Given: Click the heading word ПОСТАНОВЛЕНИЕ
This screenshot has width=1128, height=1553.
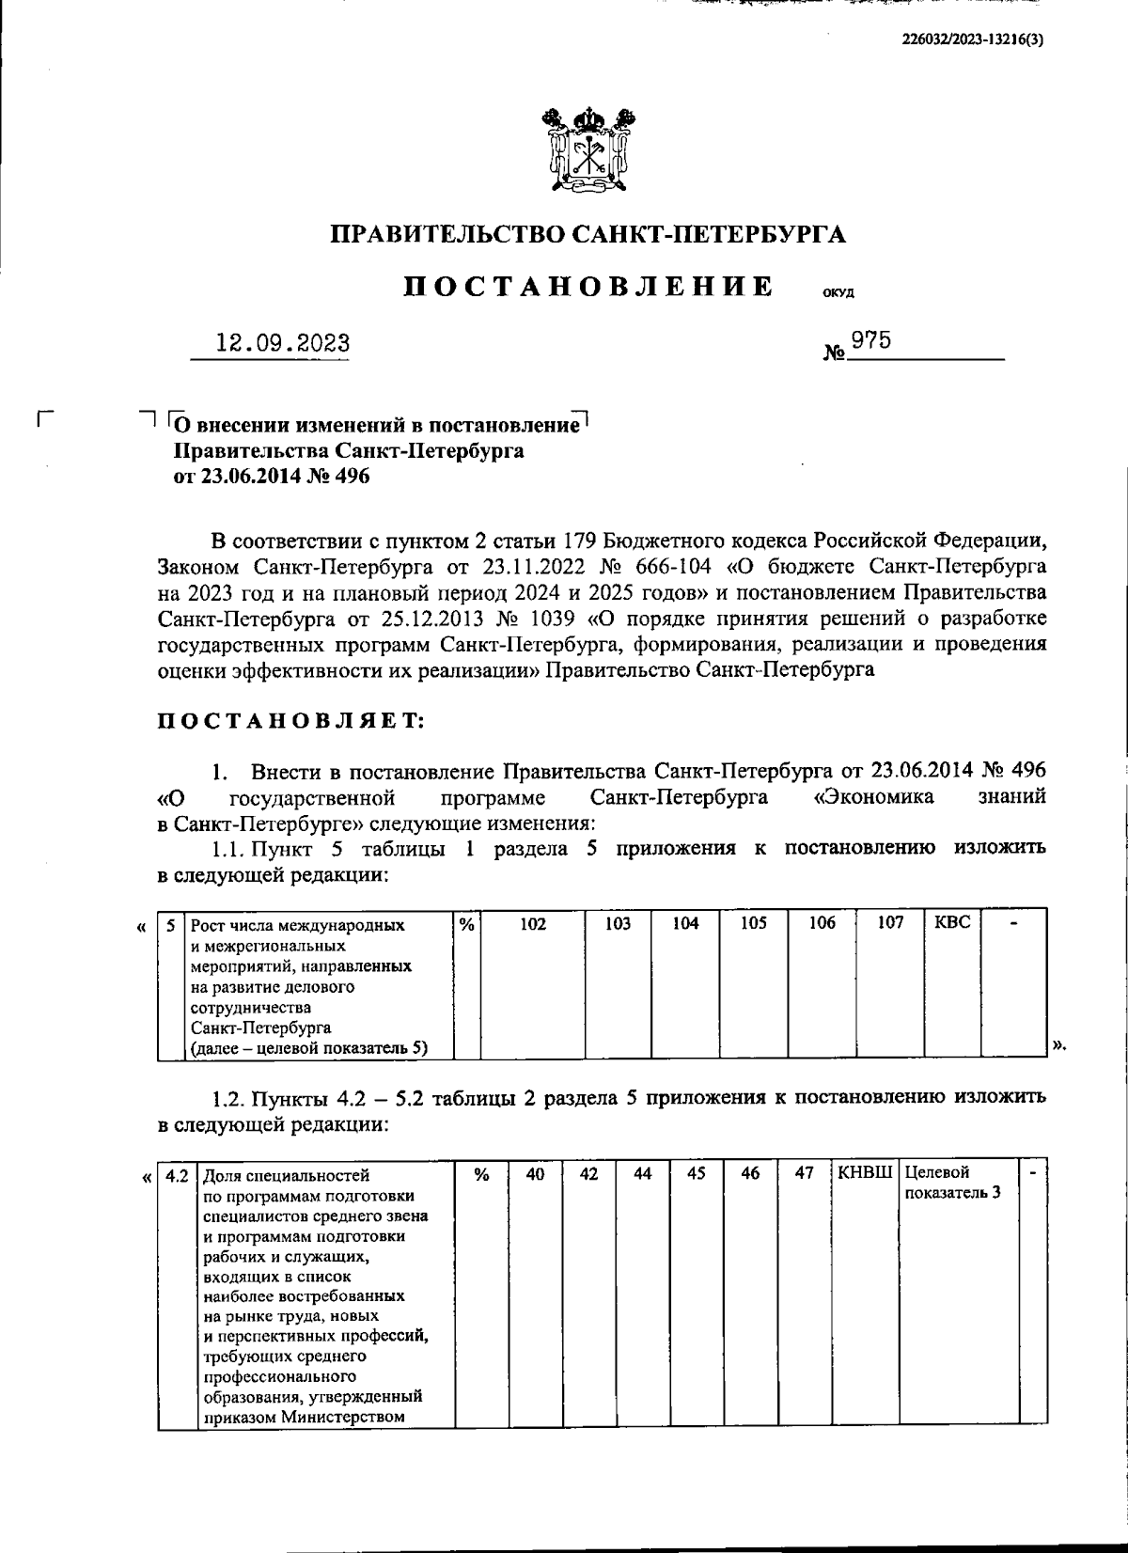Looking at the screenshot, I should (x=589, y=286).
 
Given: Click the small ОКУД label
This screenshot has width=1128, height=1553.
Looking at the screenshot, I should (x=838, y=292).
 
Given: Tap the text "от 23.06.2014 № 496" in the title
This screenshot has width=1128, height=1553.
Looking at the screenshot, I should (x=272, y=478).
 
